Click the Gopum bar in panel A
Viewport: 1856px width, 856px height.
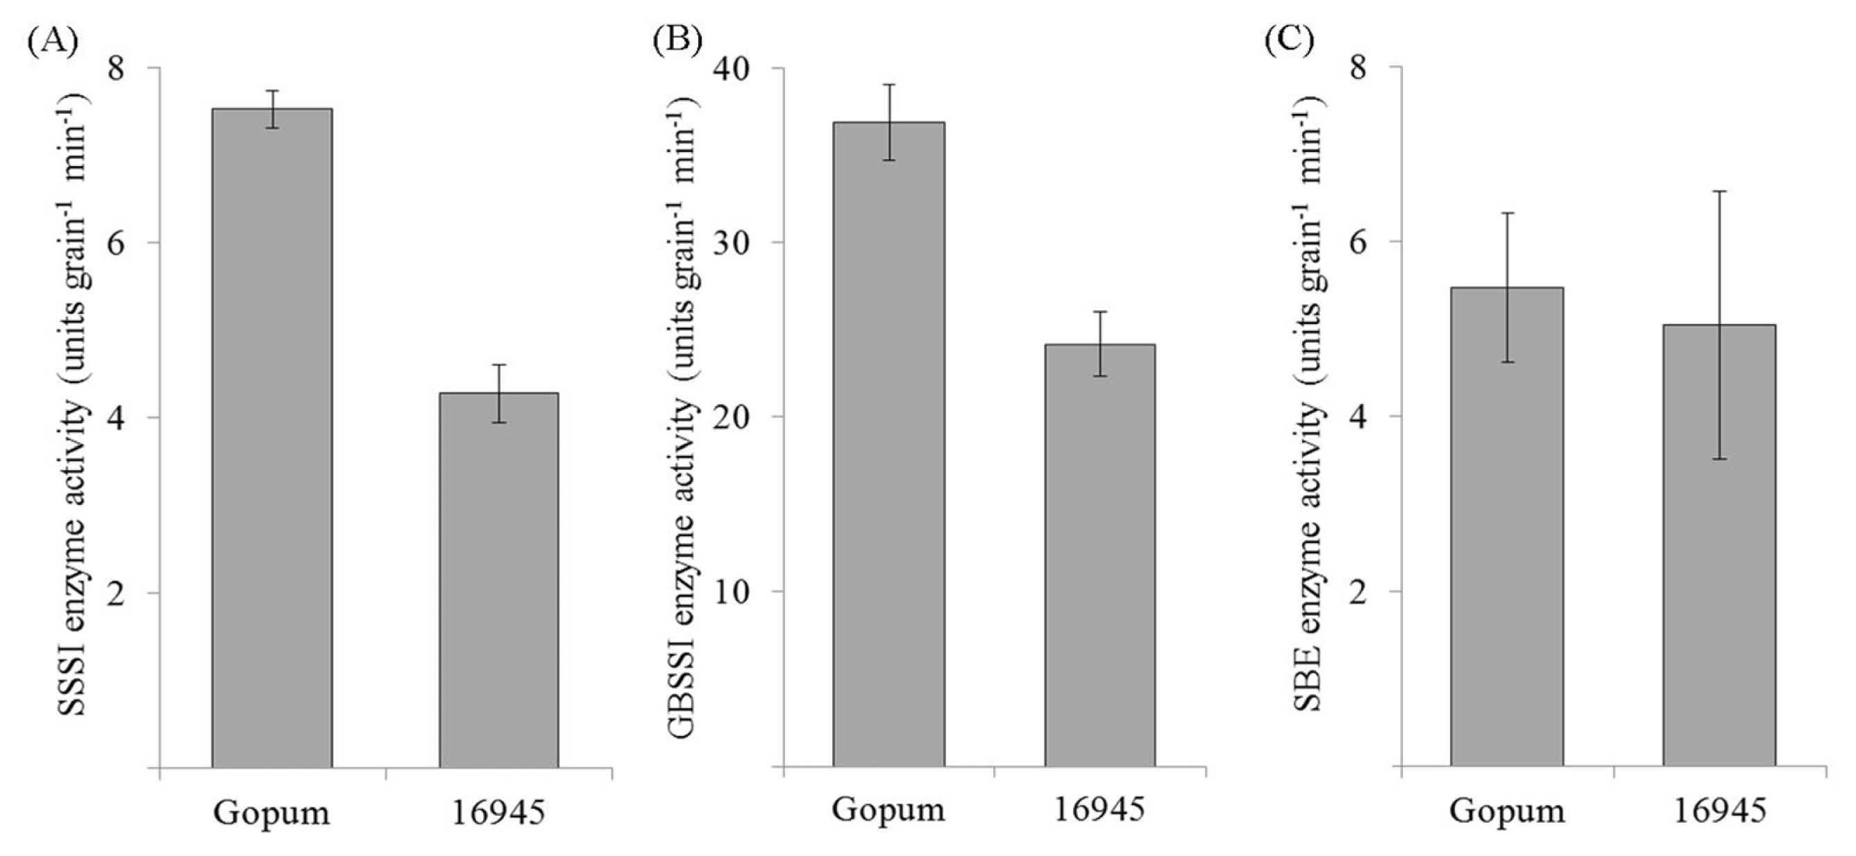pyautogui.click(x=271, y=438)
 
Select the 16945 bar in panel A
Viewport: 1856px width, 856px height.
pyautogui.click(x=499, y=580)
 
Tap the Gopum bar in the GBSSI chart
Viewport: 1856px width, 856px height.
pyautogui.click(x=888, y=444)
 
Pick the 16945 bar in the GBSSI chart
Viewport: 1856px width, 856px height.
pyautogui.click(x=1100, y=555)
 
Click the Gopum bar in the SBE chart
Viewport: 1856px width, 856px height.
pyautogui.click(x=1508, y=528)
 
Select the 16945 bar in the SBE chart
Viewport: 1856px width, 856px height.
pyautogui.click(x=1719, y=546)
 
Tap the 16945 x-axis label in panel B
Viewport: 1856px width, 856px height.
pyautogui.click(x=1099, y=810)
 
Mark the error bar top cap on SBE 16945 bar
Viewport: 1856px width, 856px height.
pyautogui.click(x=1719, y=192)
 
